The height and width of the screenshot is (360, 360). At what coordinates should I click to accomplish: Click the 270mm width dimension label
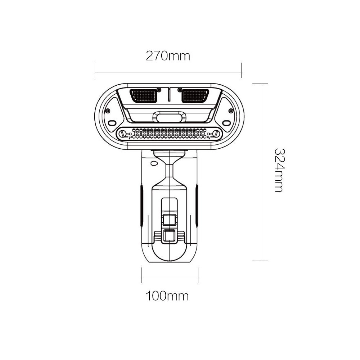tap(167, 56)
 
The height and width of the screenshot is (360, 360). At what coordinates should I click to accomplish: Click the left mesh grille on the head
tap(144, 96)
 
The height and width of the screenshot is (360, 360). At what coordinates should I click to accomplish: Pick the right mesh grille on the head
tap(195, 96)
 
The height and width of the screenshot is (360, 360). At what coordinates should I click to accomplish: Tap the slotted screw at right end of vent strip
tap(216, 134)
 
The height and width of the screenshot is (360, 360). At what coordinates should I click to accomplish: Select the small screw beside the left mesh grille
tap(158, 89)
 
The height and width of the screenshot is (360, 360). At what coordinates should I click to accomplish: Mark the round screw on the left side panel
tap(108, 111)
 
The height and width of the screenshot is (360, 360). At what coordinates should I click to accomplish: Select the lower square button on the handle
tap(168, 236)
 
